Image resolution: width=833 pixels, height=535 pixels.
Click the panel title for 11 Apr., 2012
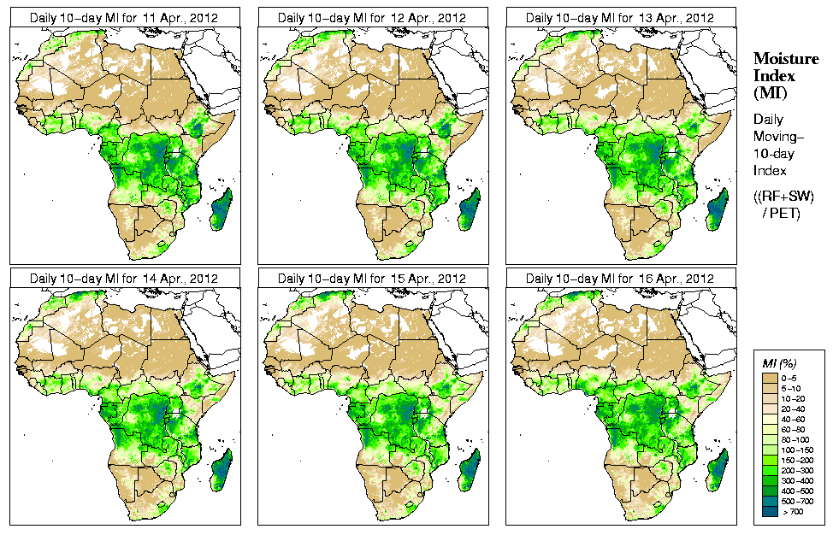(x=123, y=17)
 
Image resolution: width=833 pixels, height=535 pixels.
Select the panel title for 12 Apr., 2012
(x=371, y=17)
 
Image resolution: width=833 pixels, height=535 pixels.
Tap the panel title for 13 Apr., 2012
(x=619, y=17)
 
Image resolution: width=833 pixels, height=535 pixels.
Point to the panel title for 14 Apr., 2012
(x=123, y=279)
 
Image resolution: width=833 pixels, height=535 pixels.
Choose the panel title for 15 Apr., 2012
(x=371, y=279)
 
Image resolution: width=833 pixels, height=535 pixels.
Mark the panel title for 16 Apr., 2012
(x=619, y=279)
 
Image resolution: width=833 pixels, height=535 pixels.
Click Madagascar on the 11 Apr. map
(x=222, y=210)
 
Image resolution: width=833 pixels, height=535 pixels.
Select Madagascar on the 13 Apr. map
(x=718, y=210)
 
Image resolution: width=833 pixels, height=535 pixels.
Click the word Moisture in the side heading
(x=782, y=58)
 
